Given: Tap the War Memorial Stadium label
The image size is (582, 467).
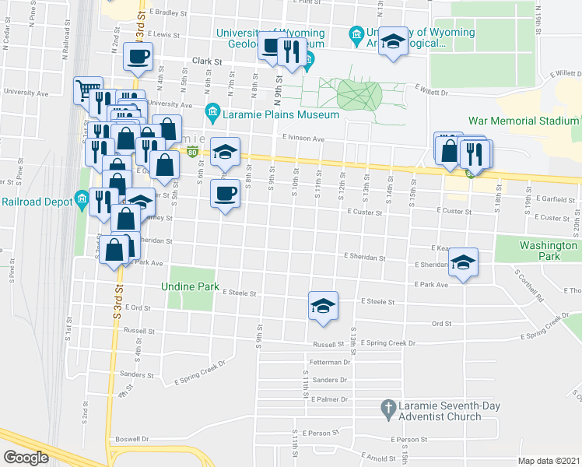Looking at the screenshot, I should tap(524, 121).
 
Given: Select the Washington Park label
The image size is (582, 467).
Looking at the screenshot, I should tap(548, 251).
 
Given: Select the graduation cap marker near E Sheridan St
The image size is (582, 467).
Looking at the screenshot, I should tap(463, 262).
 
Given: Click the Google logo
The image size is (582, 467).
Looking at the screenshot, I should tap(26, 458).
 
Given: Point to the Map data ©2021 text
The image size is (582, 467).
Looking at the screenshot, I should tap(549, 461).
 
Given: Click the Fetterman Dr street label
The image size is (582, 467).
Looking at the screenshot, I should tap(330, 363).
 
